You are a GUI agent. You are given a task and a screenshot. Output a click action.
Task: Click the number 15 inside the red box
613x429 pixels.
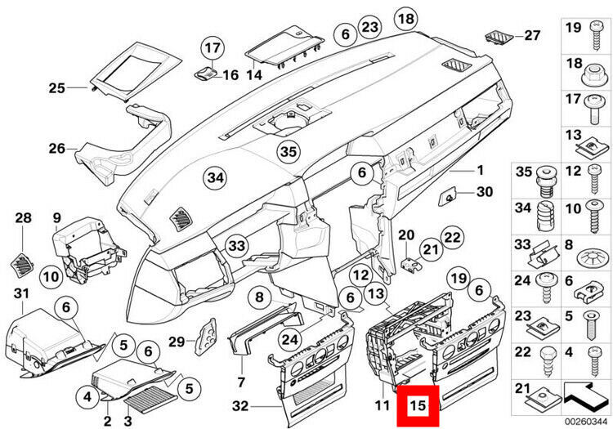pyautogui.click(x=418, y=405)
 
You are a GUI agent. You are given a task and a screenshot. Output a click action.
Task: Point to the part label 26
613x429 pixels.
pyautogui.click(x=56, y=149)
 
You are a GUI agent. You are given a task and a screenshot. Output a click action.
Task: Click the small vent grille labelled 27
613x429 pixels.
pyautogui.click(x=495, y=37)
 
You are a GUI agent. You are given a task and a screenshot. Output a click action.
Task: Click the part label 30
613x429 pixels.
pyautogui.click(x=484, y=192)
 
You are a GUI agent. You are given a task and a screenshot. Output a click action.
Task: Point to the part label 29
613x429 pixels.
pyautogui.click(x=172, y=341)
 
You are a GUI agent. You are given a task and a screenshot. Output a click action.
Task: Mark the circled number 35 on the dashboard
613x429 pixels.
pyautogui.click(x=287, y=151)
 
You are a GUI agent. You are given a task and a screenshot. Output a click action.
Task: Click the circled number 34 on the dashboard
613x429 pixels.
pyautogui.click(x=214, y=176)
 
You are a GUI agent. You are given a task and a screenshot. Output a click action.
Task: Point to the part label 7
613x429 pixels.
pyautogui.click(x=241, y=382)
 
